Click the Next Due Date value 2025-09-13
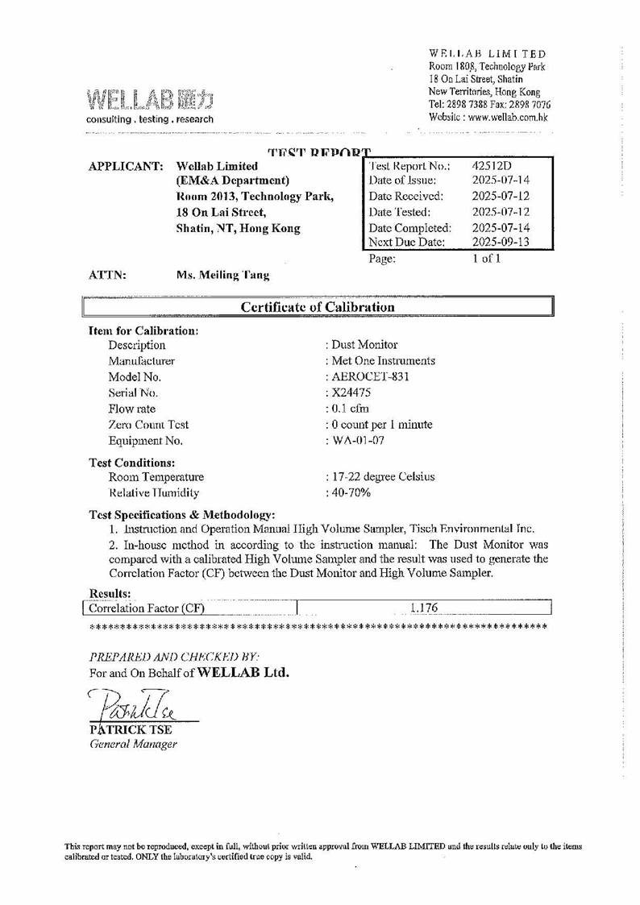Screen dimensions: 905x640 tap(501, 242)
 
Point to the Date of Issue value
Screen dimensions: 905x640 tap(501, 181)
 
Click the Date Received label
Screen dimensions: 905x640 tap(406, 197)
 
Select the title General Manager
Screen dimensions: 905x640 tap(133, 744)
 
